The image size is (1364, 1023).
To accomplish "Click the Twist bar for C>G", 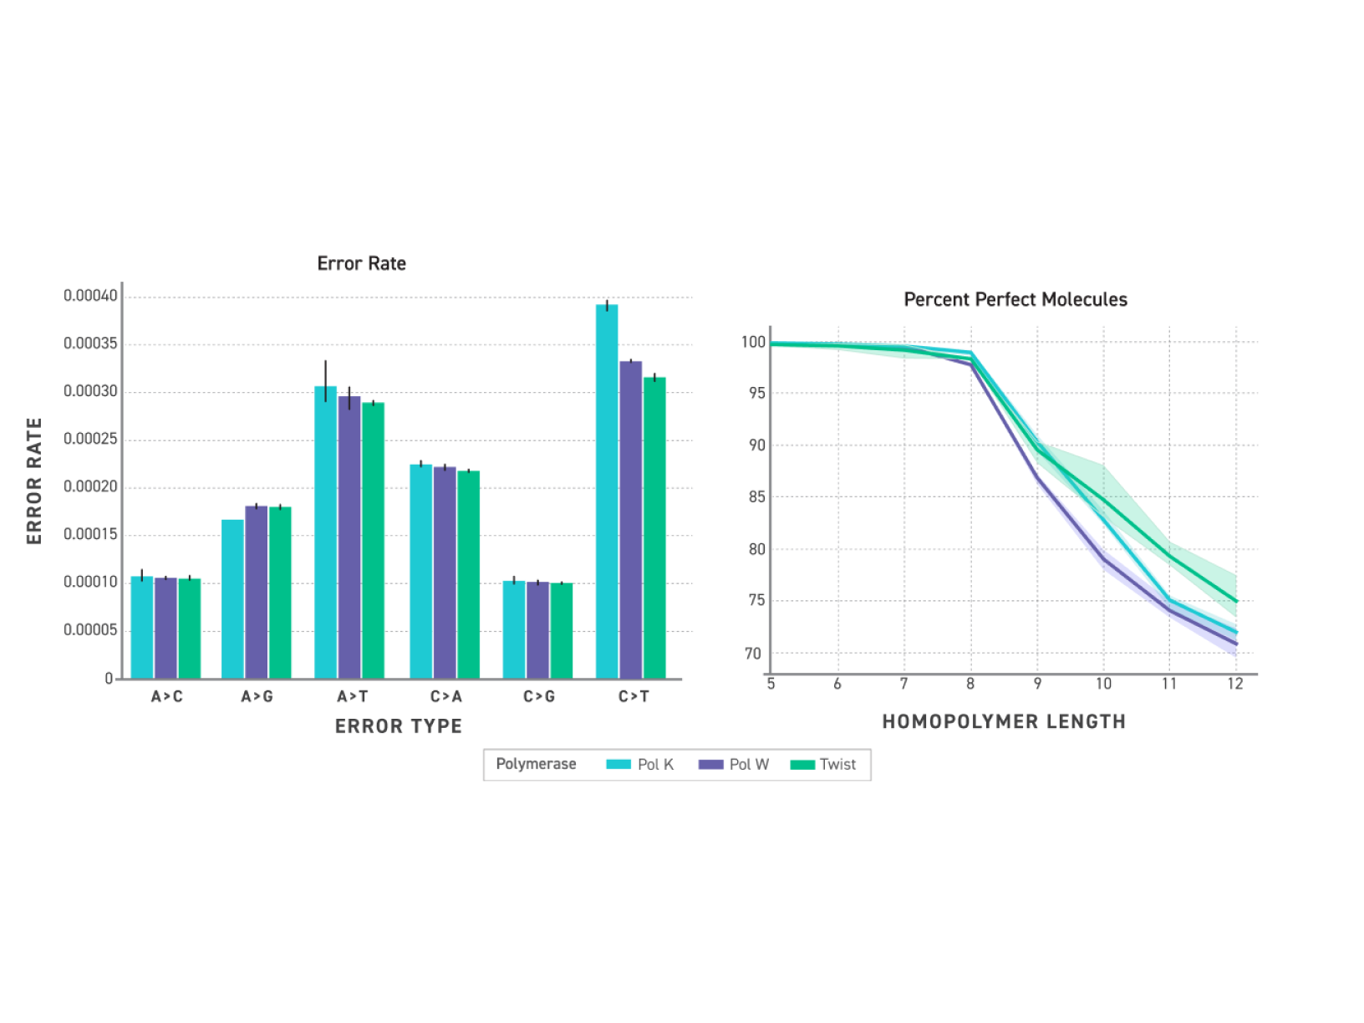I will coord(562,630).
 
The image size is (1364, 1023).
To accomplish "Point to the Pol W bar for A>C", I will coord(165,628).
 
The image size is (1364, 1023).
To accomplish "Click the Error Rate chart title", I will coord(361,263).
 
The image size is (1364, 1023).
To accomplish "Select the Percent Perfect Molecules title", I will coord(1015,299).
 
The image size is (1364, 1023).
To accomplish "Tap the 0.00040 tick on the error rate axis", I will coord(90,296).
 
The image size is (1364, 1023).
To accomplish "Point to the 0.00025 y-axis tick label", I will coord(90,439).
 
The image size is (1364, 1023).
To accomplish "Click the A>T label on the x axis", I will coord(352,696).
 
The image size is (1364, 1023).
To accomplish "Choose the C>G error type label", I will coord(539,696).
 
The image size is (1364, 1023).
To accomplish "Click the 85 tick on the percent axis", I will coord(756,497).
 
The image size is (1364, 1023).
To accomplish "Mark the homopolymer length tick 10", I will coord(1103,684).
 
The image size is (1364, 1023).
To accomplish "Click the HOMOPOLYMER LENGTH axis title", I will coord(1004,721).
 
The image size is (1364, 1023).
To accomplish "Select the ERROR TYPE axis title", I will coord(398,726).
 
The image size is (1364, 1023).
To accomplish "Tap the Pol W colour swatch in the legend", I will coord(710,765).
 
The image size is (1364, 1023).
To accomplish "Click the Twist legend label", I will coord(837,765).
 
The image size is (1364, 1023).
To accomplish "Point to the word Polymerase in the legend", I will coord(536,764).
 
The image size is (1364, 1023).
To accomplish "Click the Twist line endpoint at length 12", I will coord(1236,601).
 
